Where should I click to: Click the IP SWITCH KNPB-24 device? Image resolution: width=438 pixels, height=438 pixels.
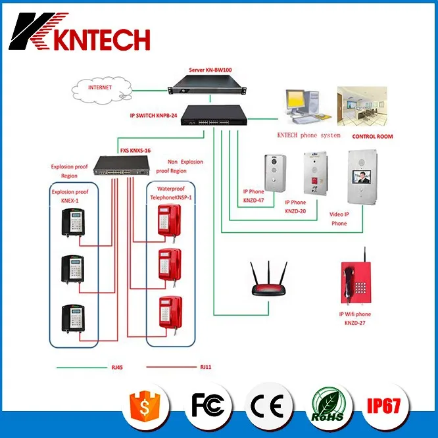click(214, 115)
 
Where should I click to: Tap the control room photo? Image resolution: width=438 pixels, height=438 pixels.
click(362, 105)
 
